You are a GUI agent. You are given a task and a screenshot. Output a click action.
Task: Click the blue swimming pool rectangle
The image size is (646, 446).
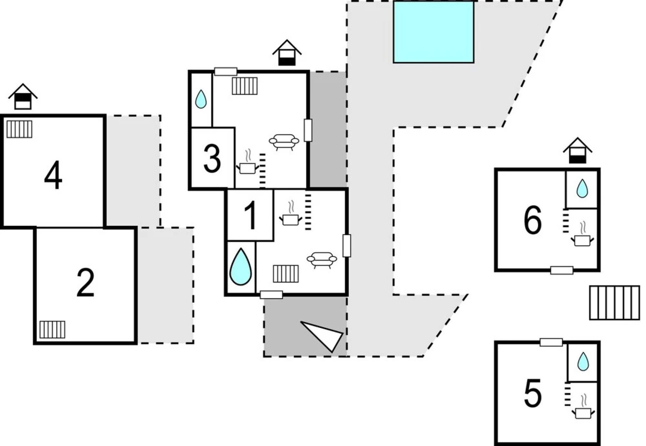click(433, 32)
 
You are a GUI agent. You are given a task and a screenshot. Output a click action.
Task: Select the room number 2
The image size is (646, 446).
click(86, 283)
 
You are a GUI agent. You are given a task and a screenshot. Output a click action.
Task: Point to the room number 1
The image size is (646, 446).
click(250, 216)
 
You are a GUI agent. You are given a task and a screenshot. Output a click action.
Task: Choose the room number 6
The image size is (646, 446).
click(532, 221)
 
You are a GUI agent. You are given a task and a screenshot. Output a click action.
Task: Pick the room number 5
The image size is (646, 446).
click(532, 394)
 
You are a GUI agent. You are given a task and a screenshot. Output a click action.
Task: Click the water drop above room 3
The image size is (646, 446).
click(201, 99)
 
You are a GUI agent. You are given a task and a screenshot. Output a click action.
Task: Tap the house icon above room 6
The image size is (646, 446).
click(577, 151)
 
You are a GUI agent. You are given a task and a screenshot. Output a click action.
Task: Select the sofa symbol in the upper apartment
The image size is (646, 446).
click(284, 141)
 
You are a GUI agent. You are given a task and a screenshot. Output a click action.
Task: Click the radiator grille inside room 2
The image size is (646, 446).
click(52, 330)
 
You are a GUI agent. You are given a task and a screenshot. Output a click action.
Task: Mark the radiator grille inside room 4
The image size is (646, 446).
click(19, 129)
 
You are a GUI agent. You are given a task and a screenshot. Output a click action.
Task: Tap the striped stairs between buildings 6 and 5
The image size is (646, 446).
click(614, 303)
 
